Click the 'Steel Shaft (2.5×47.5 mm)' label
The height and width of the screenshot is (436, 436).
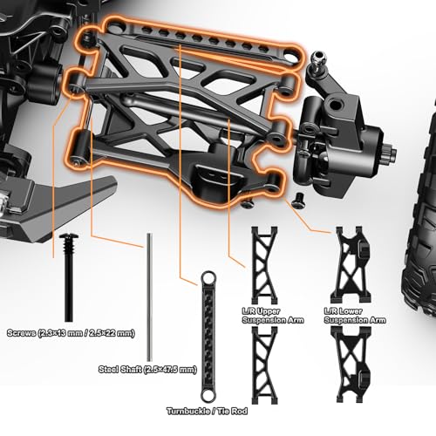tap(147, 370)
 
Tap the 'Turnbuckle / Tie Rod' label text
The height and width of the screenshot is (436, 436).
tap(207, 411)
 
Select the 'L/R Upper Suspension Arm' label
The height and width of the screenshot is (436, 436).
tap(273, 316)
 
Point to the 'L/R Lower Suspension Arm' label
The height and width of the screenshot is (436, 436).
tap(355, 316)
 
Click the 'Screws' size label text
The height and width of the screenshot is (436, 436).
tap(71, 333)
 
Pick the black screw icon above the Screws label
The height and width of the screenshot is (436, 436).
tap(68, 277)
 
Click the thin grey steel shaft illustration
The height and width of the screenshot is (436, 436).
tap(150, 297)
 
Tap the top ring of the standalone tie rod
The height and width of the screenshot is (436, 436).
tap(208, 278)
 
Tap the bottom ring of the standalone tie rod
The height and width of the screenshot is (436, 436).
tap(208, 395)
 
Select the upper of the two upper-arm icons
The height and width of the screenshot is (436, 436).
tap(264, 265)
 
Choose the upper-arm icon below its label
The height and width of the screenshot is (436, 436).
tap(264, 365)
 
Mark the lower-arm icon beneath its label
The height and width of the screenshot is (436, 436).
tap(351, 365)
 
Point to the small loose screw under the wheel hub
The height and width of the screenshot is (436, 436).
tap(299, 201)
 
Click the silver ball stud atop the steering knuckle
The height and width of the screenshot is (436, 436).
tap(318, 59)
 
